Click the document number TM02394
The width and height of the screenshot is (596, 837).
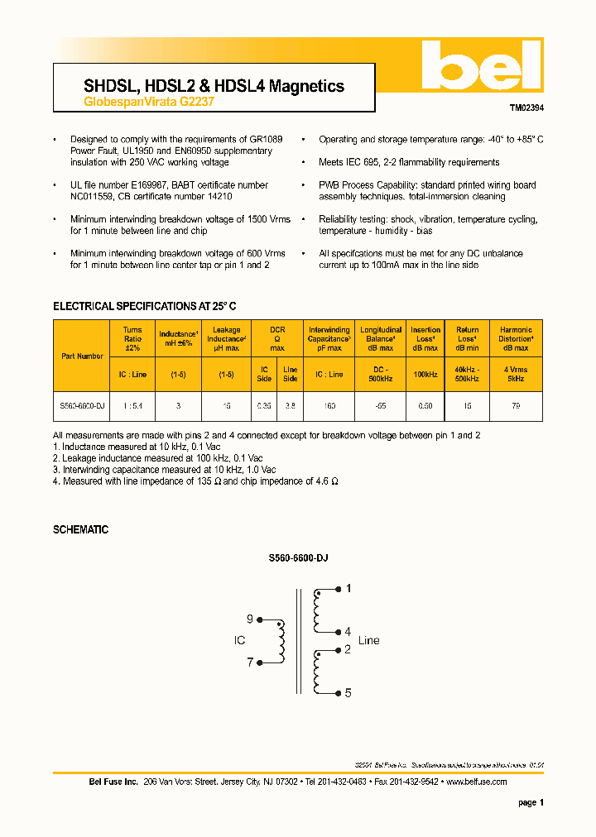tap(526, 108)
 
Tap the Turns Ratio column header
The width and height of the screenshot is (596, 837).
tap(132, 339)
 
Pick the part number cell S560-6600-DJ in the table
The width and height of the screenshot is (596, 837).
tap(82, 406)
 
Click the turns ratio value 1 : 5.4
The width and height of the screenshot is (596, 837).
tap(132, 406)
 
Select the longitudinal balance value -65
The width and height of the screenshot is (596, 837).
tap(381, 406)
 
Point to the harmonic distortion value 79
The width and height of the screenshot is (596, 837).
tap(516, 406)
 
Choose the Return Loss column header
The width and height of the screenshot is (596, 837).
tap(467, 339)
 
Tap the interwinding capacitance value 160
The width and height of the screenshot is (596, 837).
tap(329, 406)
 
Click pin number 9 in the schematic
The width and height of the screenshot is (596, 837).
tap(250, 619)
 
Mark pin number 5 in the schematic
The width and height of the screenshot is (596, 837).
tap(348, 693)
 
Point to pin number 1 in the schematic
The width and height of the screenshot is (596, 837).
tap(348, 589)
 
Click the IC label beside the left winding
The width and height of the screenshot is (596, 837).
tap(239, 640)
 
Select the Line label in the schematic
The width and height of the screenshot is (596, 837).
tap(368, 640)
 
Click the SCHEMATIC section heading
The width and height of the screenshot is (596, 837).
tap(80, 529)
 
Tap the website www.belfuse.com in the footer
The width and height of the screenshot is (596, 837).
tap(476, 782)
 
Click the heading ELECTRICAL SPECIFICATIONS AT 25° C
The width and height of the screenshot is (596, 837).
tap(145, 306)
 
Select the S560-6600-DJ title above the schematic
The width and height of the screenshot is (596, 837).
tap(298, 560)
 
